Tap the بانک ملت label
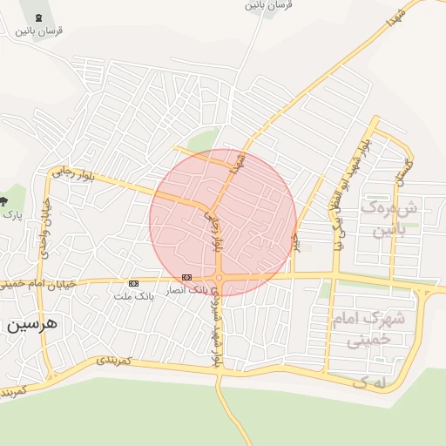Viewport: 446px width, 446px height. (x=133, y=296)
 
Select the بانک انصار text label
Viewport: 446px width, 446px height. (x=187, y=287)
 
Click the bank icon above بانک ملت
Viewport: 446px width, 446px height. (x=133, y=283)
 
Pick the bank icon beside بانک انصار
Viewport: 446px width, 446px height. (x=186, y=277)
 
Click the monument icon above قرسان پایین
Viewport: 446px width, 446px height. (x=37, y=17)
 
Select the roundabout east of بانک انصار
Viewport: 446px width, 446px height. (x=220, y=278)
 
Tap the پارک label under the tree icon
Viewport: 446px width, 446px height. (x=11, y=213)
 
